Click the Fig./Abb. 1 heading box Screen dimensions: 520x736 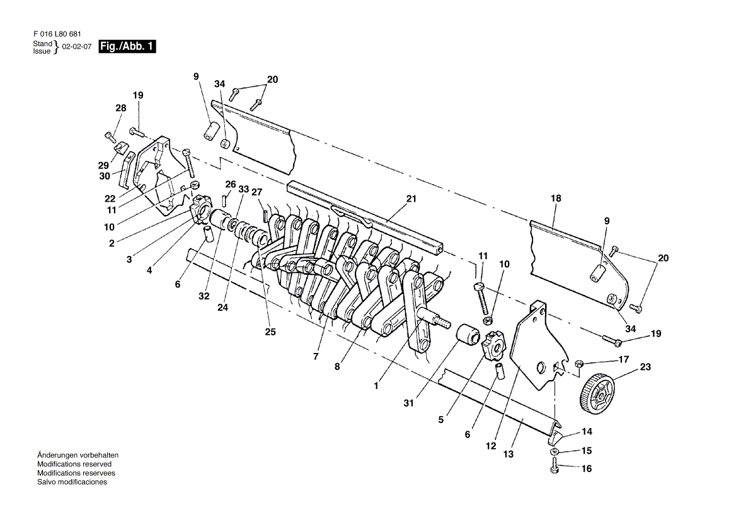pyautogui.click(x=127, y=47)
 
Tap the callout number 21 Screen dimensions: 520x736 pyautogui.click(x=411, y=199)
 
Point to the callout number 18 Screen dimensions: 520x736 pyautogui.click(x=555, y=198)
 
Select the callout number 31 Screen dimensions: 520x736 pyautogui.click(x=409, y=403)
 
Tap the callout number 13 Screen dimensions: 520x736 pyautogui.click(x=509, y=454)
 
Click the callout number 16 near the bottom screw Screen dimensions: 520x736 pyautogui.click(x=587, y=469)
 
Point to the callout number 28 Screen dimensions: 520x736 pyautogui.click(x=120, y=108)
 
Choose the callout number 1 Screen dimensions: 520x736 pyautogui.click(x=376, y=386)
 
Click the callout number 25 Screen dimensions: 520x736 pyautogui.click(x=270, y=332)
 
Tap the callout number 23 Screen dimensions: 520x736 pyautogui.click(x=646, y=366)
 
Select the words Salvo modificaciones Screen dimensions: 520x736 pyautogui.click(x=72, y=482)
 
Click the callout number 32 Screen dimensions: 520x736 pyautogui.click(x=204, y=296)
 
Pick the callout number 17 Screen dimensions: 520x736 pyautogui.click(x=623, y=359)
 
